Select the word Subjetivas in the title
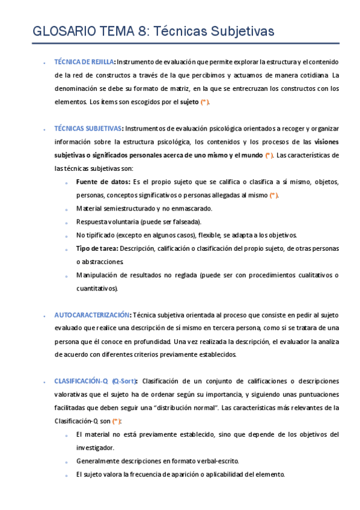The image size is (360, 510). point(240,30)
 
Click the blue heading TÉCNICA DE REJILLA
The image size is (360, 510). point(84,61)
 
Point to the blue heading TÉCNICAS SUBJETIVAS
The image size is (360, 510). point(88,128)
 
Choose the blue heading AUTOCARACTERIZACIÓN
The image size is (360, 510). point(92,315)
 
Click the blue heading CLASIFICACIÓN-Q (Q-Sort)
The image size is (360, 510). point(96,381)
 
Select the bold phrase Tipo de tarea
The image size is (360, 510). point(97,248)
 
